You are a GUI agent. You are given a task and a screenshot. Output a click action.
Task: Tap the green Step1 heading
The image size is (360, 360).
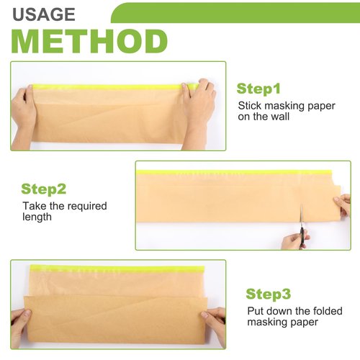tap(258, 89)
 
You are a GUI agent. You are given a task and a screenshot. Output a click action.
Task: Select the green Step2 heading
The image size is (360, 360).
tap(44, 189)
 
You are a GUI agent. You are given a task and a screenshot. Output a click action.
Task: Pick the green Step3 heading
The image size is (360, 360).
tap(268, 294)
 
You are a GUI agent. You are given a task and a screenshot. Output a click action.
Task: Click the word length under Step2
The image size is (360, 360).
tap(37, 217)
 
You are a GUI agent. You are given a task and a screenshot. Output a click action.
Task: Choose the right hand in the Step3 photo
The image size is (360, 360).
tap(214, 322)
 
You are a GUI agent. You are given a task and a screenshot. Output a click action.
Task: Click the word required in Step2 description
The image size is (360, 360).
tap(85, 206)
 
